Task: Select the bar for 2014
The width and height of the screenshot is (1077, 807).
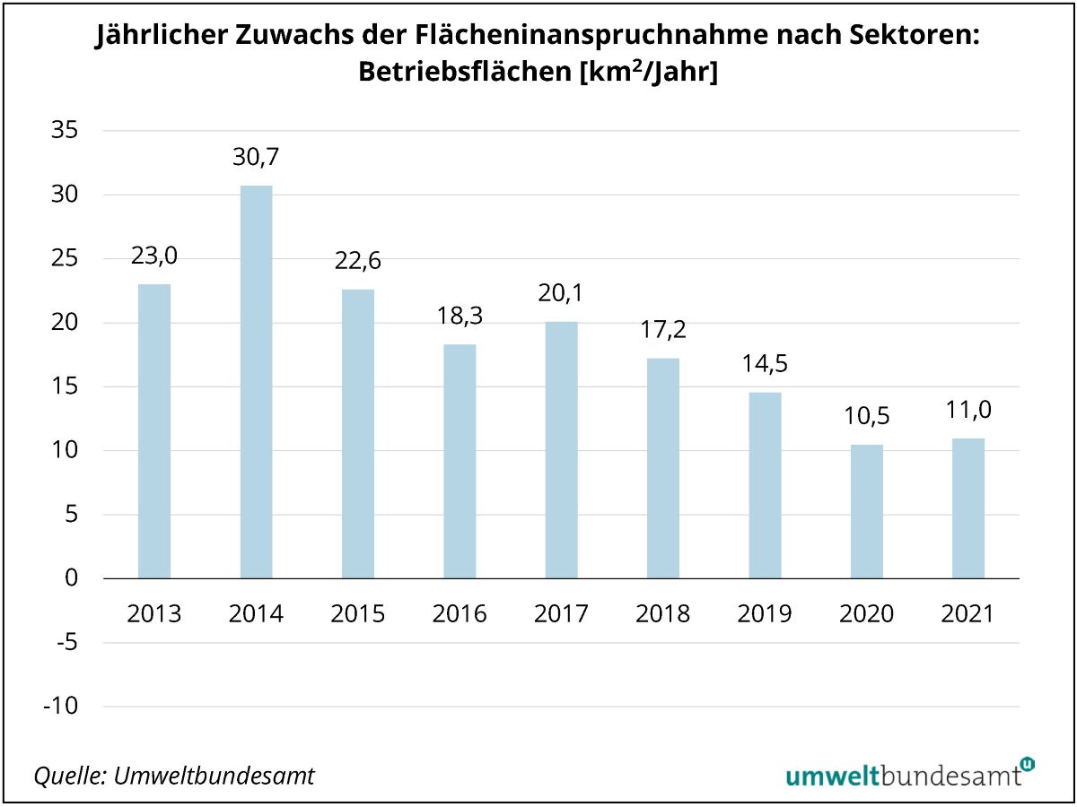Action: point(256,381)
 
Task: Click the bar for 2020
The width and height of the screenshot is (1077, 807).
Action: point(866,511)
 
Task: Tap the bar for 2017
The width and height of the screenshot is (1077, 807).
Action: point(561,448)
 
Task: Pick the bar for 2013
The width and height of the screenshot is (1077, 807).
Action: point(154,430)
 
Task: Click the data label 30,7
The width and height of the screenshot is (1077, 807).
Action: point(256,158)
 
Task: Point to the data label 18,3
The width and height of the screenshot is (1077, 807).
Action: point(460,317)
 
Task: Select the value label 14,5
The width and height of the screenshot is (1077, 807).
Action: point(765,365)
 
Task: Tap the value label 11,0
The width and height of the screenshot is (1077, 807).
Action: point(968,411)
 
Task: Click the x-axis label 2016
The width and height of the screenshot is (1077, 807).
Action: point(460,614)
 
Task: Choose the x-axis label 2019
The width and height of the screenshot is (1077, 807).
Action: point(765,614)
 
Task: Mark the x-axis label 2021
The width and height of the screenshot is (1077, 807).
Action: point(968,614)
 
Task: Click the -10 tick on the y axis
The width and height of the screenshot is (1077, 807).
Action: point(59,707)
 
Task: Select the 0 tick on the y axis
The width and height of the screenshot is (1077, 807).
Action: point(72,578)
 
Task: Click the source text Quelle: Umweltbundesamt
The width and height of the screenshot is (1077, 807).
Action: point(174,776)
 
